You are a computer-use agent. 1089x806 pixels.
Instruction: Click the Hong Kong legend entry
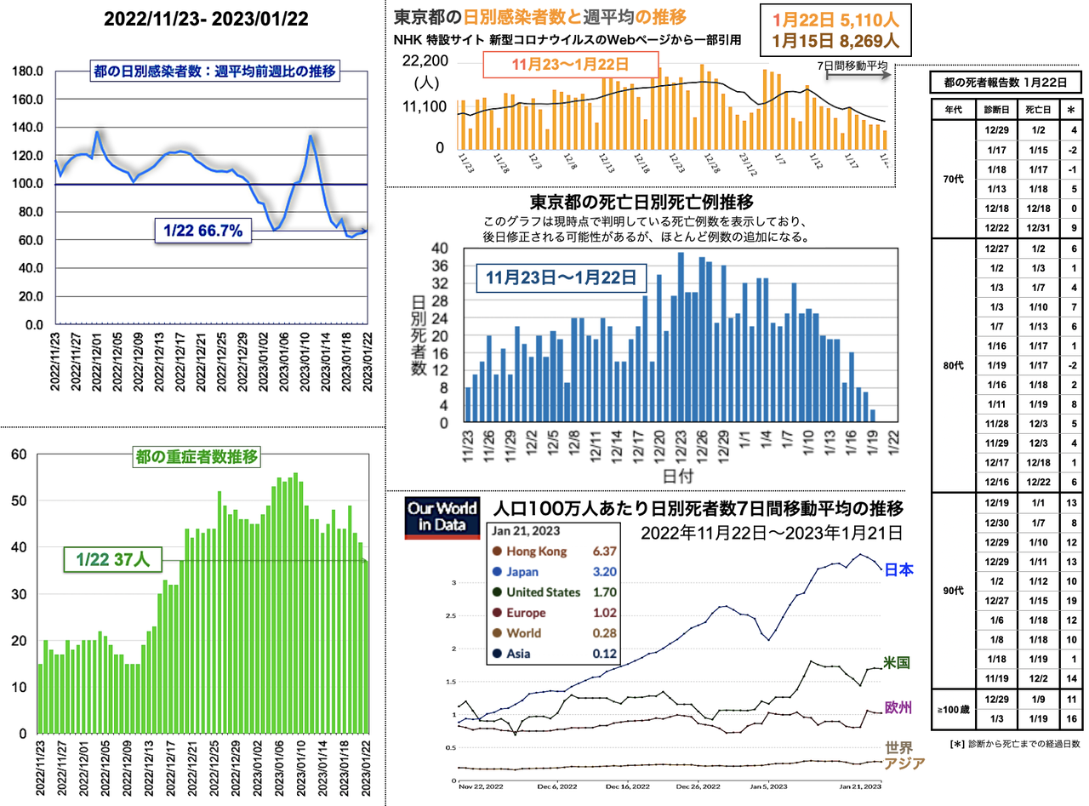click(535, 551)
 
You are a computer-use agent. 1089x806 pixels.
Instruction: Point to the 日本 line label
click(899, 569)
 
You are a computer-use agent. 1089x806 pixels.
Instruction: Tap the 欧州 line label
click(899, 708)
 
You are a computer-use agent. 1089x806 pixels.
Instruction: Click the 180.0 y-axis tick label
click(28, 71)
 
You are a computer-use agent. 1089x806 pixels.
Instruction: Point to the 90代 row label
click(952, 590)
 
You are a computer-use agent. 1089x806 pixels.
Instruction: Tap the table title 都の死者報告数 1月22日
click(1006, 83)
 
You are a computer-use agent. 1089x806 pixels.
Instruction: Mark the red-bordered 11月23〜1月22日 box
click(571, 65)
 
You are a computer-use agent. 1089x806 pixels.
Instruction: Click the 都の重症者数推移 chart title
click(197, 456)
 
